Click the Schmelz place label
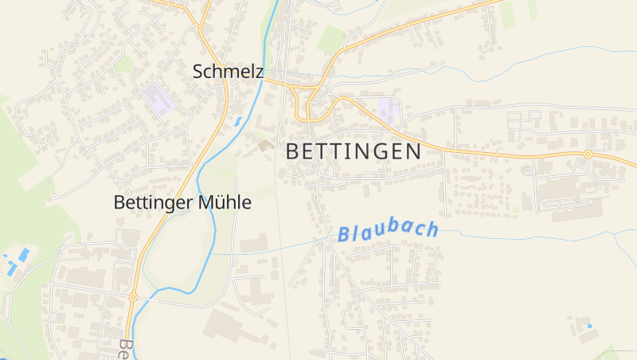click(x=228, y=72)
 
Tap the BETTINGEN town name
click(x=353, y=151)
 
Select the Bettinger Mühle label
click(x=182, y=203)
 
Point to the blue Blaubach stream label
click(x=388, y=232)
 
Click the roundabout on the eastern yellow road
click(x=588, y=154)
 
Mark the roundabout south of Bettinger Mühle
click(x=133, y=296)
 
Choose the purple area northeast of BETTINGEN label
click(x=389, y=108)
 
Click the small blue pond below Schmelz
click(x=236, y=122)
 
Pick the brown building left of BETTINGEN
click(x=264, y=145)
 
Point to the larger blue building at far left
click(x=24, y=254)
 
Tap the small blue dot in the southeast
click(x=589, y=326)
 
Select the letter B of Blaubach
click(x=344, y=236)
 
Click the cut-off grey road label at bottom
click(x=125, y=350)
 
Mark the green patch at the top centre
click(x=330, y=38)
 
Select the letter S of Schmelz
click(x=198, y=72)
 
